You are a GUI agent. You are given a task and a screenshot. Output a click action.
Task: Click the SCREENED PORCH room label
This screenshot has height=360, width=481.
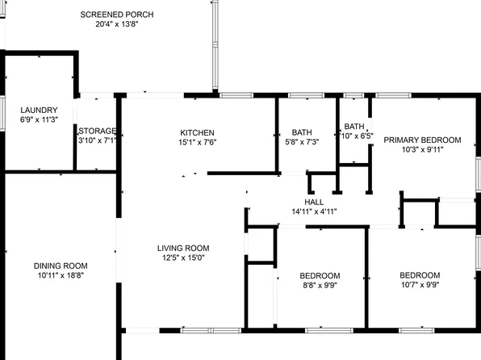pos(118,15)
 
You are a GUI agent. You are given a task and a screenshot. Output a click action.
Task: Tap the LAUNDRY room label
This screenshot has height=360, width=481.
pos(38,110)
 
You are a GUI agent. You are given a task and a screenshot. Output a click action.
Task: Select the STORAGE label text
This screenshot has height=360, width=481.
pos(97,131)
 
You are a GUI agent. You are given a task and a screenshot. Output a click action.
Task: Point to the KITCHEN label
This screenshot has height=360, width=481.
pos(197,132)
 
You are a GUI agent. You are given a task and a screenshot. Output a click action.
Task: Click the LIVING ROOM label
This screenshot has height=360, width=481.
pos(183,248)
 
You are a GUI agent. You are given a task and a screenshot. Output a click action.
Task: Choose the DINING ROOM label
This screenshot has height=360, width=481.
pos(61,266)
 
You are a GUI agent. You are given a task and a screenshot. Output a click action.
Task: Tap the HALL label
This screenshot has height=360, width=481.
pos(314,202)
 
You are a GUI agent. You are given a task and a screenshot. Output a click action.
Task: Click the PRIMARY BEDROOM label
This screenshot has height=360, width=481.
pos(422,140)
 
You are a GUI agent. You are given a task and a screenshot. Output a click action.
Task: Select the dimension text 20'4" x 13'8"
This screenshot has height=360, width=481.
pos(118,24)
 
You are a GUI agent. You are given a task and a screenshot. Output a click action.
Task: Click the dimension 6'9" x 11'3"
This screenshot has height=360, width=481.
pos(38,119)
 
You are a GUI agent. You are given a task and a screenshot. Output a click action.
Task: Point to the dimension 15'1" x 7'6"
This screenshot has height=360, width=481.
pos(197,142)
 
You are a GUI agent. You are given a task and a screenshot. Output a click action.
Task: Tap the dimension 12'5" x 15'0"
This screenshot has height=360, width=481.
pos(183,258)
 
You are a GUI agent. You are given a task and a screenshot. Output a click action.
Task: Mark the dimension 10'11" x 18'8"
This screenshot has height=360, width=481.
pos(61,275)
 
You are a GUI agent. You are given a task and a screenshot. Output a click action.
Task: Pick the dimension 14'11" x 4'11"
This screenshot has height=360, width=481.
pos(314,211)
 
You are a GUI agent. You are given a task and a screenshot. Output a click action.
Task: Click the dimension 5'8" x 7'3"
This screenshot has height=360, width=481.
pos(302,142)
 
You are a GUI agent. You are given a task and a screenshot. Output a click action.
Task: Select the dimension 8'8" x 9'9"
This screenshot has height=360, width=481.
pos(320,284)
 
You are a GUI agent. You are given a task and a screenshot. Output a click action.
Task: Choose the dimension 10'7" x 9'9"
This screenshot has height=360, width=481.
pos(420,284)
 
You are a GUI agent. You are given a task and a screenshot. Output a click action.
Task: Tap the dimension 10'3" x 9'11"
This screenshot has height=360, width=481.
pos(422,150)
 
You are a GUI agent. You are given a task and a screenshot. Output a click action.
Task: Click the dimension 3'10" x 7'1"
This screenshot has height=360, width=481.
pos(97,140)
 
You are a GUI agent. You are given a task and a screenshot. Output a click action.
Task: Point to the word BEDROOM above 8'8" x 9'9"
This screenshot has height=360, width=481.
pos(320,274)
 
